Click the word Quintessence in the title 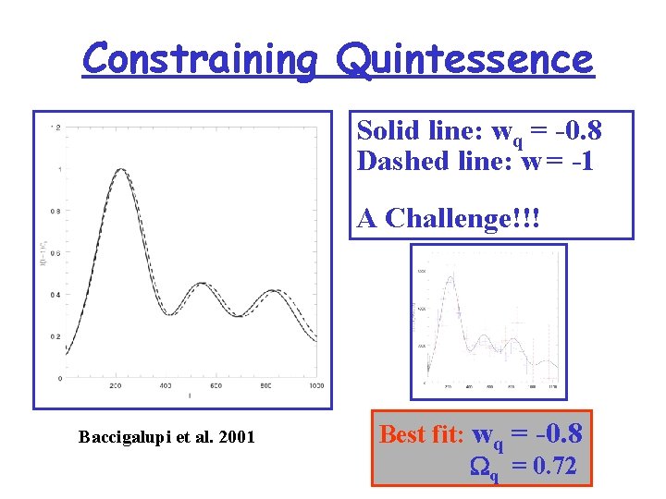pos(464,60)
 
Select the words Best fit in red pos(422,433)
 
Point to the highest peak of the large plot pos(120,169)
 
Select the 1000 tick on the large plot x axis pos(316,384)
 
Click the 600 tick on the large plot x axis pos(216,384)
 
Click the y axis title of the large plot pos(43,252)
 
